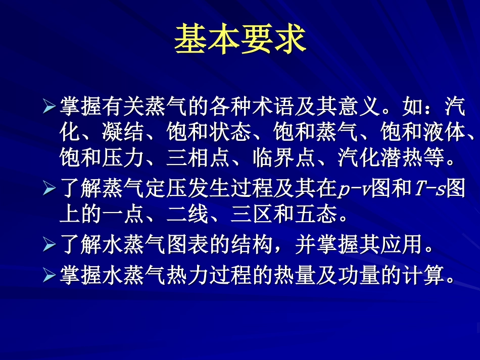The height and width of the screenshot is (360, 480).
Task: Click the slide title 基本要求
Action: [240, 40]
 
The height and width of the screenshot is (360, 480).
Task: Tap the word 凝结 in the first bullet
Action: [123, 132]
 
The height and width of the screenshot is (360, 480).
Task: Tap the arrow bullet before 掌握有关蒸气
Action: [49, 107]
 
